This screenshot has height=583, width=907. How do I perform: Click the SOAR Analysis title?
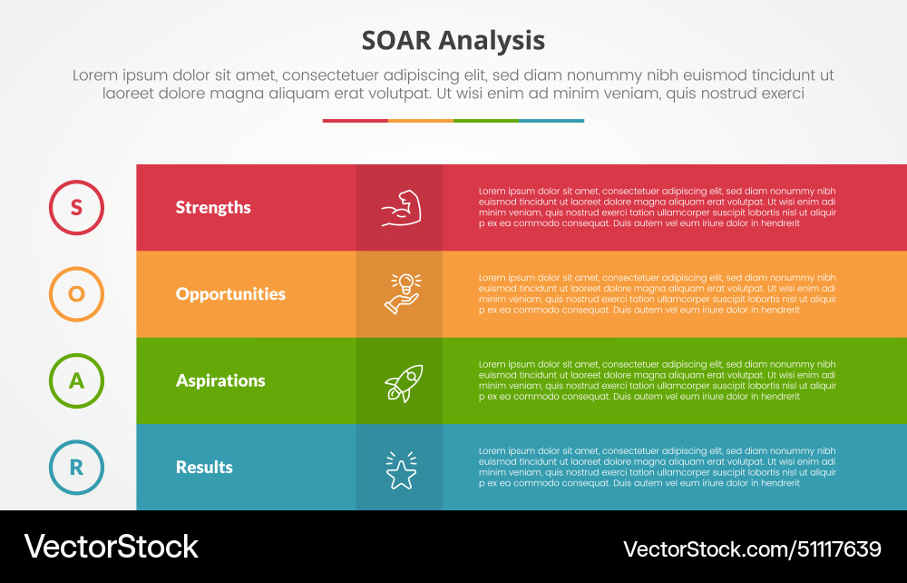(453, 41)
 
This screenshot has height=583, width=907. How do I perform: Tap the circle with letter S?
(76, 208)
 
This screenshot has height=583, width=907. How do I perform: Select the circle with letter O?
(76, 294)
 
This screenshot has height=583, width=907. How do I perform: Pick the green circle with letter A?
(76, 380)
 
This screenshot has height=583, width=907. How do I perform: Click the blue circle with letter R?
(76, 468)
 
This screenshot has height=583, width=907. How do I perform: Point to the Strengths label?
(213, 208)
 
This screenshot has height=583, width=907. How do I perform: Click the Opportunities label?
(230, 294)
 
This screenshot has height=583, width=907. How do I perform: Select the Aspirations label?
(220, 380)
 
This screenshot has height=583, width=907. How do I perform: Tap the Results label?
(204, 468)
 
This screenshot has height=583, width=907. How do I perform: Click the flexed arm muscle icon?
(399, 208)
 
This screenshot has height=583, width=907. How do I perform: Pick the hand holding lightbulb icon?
(400, 294)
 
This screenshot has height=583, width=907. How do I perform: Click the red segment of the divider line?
(355, 120)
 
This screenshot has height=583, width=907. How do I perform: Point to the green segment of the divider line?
(485, 120)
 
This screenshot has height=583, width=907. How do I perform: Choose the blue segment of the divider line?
(551, 120)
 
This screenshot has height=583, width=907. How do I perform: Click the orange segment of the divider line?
(420, 120)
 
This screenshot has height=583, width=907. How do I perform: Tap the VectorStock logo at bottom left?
(111, 546)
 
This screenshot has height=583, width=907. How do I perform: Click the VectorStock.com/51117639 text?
(752, 548)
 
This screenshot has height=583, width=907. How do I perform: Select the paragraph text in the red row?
(657, 207)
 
